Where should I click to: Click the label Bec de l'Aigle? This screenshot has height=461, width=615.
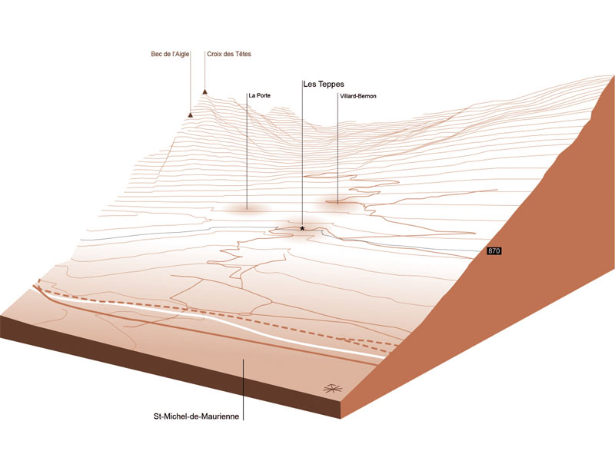[x=169, y=55]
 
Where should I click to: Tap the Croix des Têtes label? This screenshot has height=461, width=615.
[x=229, y=55]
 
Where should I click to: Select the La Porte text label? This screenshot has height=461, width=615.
[x=259, y=96]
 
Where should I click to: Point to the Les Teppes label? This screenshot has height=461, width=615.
[x=323, y=84]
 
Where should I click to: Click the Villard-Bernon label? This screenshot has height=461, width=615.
[x=357, y=96]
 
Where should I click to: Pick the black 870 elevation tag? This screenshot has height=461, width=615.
[x=494, y=251]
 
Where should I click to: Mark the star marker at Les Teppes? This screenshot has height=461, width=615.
[x=303, y=229]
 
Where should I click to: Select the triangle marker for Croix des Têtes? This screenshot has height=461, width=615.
[x=205, y=92]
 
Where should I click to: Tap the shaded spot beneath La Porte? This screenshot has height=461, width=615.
[x=246, y=208]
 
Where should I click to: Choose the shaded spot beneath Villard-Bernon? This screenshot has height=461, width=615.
[x=337, y=202]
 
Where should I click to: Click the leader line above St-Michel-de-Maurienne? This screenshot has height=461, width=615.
[x=244, y=384]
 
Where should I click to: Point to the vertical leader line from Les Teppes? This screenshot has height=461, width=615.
[x=302, y=154]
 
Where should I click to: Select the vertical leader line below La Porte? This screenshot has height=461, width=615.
[x=247, y=154]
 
